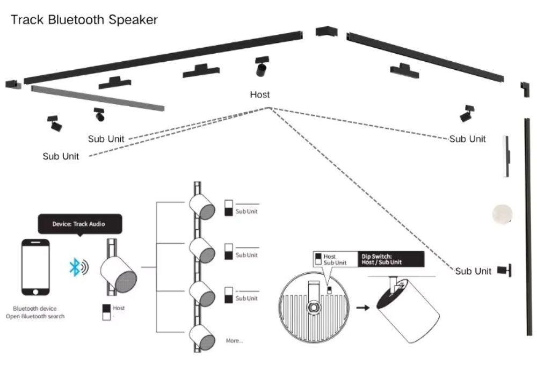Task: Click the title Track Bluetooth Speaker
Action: coord(84,20)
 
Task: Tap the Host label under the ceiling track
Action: coord(260,94)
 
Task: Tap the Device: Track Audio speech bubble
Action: coord(79,223)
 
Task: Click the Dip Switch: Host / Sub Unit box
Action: coord(390,259)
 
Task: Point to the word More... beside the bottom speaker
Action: coord(234,340)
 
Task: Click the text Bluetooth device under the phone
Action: coord(35,309)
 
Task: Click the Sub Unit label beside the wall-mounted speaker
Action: coord(473,271)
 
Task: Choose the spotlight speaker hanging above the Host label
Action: coord(262,67)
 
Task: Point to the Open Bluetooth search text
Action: coord(35,317)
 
